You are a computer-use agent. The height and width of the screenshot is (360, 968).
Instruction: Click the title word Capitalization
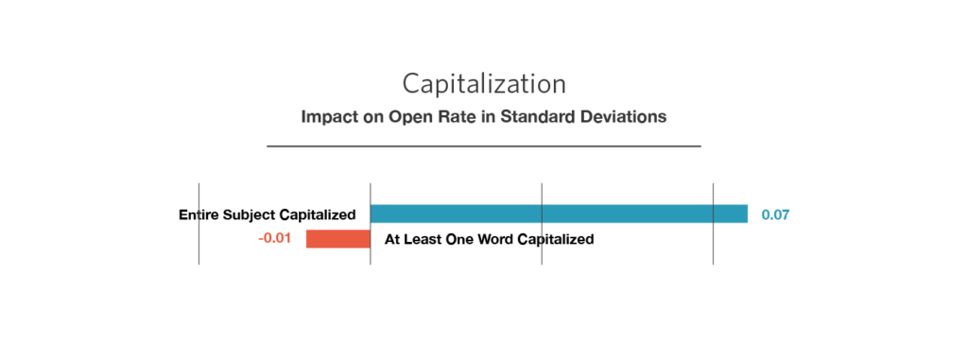(x=484, y=84)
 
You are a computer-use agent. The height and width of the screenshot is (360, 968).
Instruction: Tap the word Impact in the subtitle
(x=328, y=118)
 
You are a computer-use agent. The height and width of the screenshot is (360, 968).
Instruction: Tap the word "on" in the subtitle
(x=372, y=118)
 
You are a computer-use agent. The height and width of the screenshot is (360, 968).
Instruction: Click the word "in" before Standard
(x=488, y=118)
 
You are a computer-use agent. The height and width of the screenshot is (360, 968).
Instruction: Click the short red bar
(x=337, y=239)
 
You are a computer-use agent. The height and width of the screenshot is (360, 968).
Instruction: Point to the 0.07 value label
(x=775, y=215)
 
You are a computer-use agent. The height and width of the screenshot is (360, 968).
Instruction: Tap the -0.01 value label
(x=275, y=239)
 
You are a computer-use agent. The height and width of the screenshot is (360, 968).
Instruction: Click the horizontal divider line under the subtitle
(x=484, y=146)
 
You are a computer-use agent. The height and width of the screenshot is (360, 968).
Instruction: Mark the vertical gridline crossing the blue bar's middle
(x=542, y=246)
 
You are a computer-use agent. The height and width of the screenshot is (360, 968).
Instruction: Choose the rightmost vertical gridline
(x=713, y=246)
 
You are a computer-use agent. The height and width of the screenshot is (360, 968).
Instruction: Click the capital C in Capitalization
(x=411, y=84)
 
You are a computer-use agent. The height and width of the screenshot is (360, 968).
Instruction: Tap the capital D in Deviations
(x=592, y=118)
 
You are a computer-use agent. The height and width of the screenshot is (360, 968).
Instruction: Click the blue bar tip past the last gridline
(x=732, y=214)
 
